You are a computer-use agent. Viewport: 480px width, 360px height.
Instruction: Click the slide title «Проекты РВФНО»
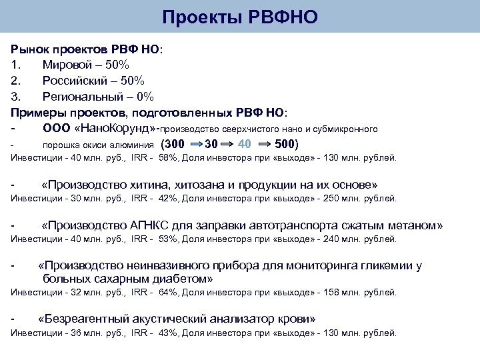(240, 17)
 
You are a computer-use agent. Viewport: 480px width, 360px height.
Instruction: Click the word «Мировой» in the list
(66, 65)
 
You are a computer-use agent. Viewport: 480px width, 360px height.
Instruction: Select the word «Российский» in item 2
(75, 81)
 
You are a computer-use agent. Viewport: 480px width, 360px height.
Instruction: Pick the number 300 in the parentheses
(175, 144)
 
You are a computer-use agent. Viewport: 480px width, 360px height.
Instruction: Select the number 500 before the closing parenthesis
(284, 144)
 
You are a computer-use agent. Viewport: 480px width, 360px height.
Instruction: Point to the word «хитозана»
(190, 184)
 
